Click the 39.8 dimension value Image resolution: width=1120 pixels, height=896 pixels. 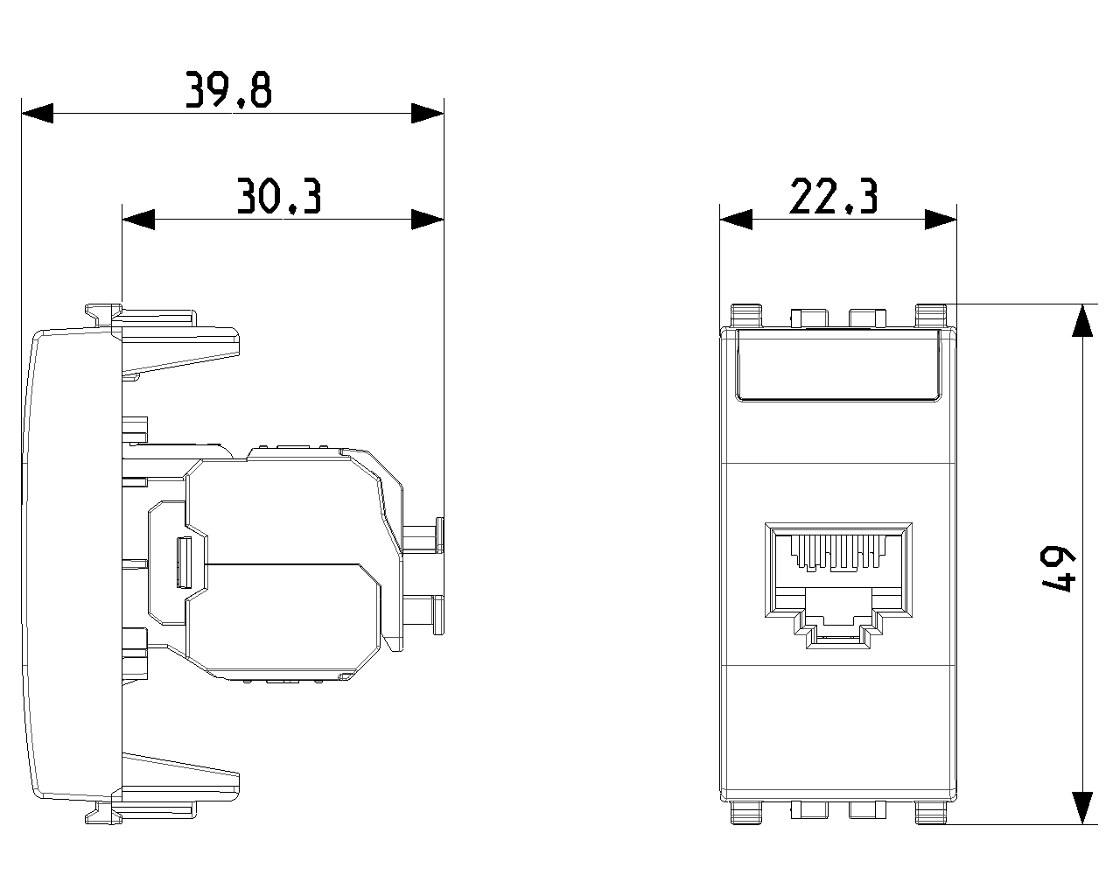pyautogui.click(x=228, y=90)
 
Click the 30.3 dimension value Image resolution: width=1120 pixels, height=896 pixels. pyautogui.click(x=279, y=196)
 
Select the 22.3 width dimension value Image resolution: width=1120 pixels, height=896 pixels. pyautogui.click(x=834, y=196)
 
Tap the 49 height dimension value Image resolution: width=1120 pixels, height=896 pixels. pyautogui.click(x=1057, y=569)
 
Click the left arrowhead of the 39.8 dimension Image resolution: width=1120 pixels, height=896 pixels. pyautogui.click(x=37, y=114)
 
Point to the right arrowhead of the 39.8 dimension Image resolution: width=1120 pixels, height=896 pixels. pyautogui.click(x=427, y=114)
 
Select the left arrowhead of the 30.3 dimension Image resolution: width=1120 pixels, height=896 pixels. pyautogui.click(x=138, y=219)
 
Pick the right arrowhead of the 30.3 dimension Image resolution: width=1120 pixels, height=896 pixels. pyautogui.click(x=427, y=219)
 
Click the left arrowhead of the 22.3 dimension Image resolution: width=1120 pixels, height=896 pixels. pyautogui.click(x=736, y=219)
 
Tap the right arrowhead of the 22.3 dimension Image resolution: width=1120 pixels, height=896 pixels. pyautogui.click(x=941, y=219)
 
